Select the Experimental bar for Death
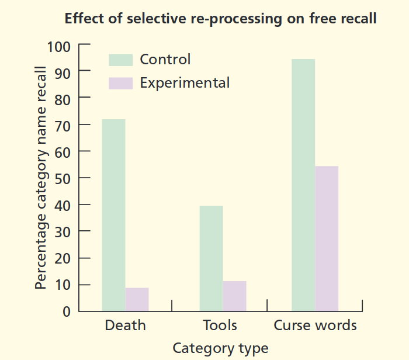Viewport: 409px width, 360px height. [137, 299]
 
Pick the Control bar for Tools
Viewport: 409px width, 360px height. [211, 258]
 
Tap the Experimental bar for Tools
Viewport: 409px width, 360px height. [234, 296]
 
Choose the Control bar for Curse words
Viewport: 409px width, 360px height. [303, 185]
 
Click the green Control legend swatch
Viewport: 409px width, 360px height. [121, 60]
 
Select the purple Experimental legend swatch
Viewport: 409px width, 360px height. [121, 83]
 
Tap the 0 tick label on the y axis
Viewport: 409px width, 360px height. [67, 311]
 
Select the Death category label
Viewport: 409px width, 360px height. [125, 326]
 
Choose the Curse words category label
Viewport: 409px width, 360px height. [315, 326]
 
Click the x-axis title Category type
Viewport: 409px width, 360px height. [220, 348]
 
